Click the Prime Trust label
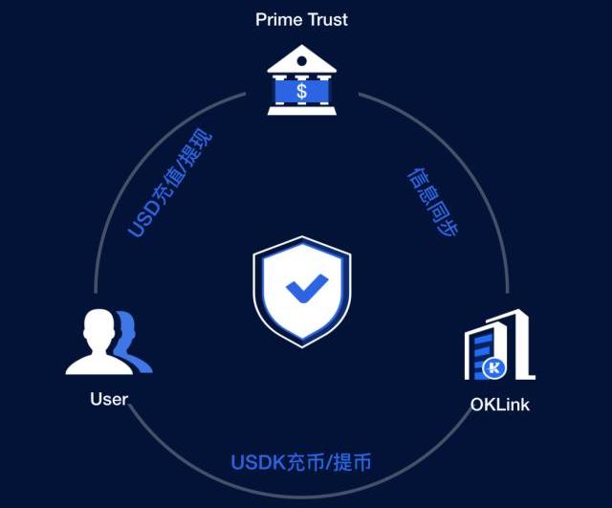301,19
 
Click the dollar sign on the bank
302,92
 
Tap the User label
109,399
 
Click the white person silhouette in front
95,342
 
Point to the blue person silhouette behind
134,344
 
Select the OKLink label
499,404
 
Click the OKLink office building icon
498,345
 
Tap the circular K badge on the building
495,366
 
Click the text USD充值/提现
170,183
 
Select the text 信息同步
433,203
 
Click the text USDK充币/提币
300,463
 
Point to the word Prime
277,19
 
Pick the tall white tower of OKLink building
521,344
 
